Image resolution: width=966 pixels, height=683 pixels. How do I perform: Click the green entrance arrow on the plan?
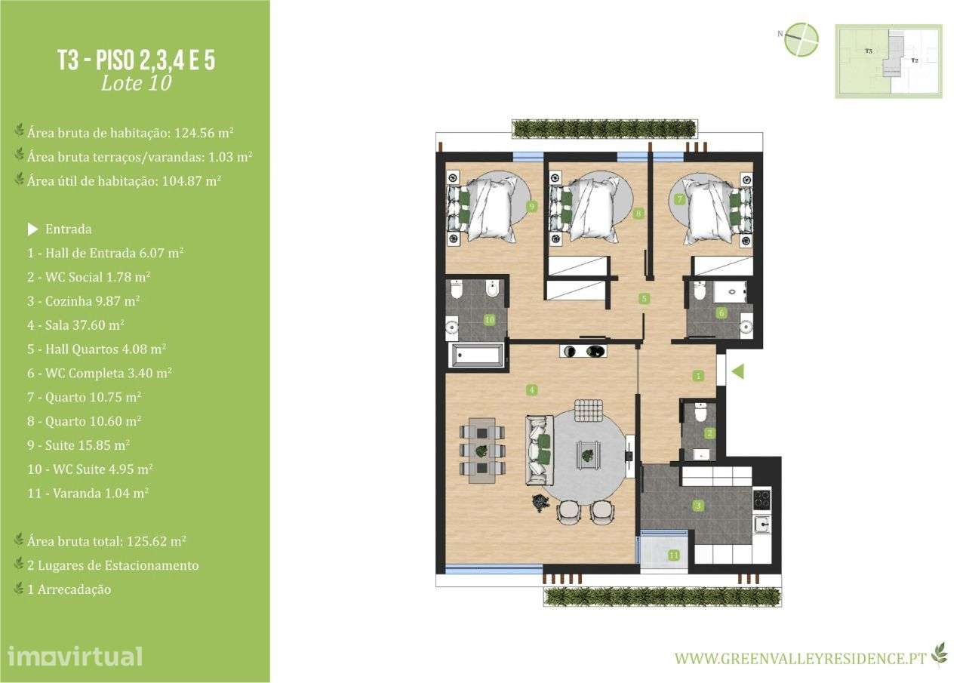click(x=738, y=371)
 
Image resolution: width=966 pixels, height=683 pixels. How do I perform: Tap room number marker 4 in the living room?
click(x=532, y=390)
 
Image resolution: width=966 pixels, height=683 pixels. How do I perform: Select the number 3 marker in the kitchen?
click(x=699, y=506)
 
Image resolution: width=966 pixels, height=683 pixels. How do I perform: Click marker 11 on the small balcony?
click(x=673, y=555)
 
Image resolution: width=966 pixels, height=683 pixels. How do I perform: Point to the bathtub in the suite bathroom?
click(x=476, y=355)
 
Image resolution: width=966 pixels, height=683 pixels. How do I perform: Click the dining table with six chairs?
click(x=481, y=450)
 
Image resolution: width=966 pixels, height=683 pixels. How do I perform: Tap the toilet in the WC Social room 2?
click(x=700, y=413)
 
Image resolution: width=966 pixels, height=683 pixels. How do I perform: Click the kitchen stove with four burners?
click(x=761, y=499)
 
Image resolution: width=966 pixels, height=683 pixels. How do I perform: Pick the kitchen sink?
click(x=762, y=524)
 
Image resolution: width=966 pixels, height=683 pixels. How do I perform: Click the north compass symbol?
click(x=801, y=39)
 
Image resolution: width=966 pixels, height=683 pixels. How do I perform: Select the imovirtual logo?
click(x=75, y=656)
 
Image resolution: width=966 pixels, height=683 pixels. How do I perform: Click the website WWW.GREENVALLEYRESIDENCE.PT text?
click(x=800, y=658)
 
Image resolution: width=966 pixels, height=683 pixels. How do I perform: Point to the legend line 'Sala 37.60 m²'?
click(x=75, y=325)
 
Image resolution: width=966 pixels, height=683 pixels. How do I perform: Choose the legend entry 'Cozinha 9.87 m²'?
click(x=83, y=301)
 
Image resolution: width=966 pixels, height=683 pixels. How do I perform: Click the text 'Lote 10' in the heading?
click(x=136, y=83)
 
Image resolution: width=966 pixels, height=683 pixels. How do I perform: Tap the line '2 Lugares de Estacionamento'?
click(x=112, y=565)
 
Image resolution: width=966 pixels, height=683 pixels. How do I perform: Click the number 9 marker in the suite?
click(x=532, y=206)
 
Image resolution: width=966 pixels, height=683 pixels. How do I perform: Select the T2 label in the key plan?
click(x=914, y=60)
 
